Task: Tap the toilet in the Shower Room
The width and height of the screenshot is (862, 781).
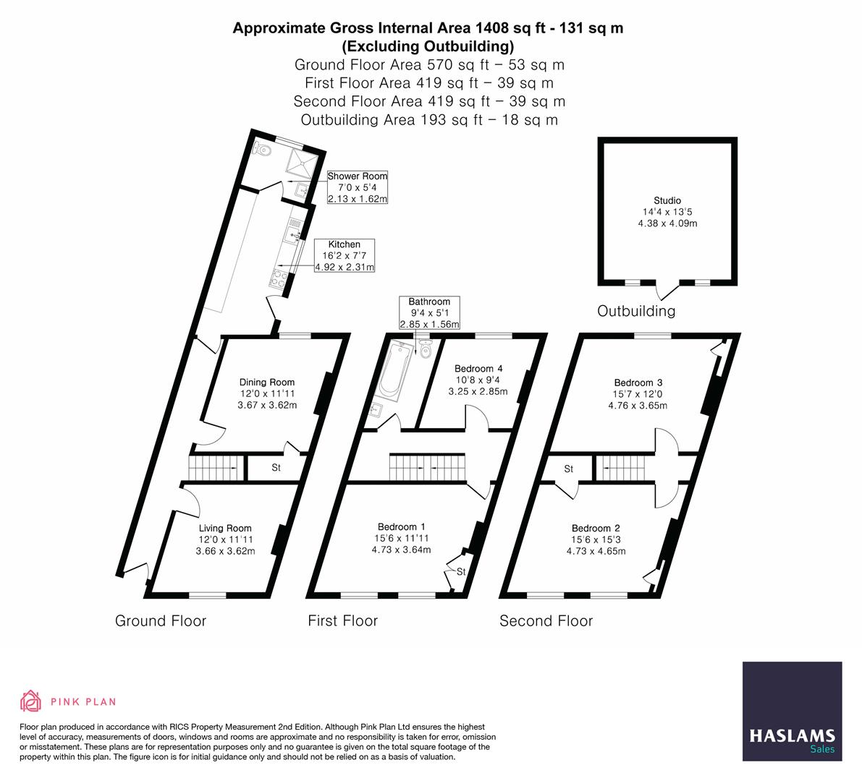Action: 263,150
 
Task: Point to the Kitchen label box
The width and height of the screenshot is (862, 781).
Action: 345,256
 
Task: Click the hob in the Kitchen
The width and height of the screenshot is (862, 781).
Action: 279,275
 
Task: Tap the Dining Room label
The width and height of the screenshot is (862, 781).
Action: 267,383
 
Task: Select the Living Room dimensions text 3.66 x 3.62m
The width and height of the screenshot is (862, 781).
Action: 225,551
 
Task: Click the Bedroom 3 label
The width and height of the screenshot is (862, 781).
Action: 638,383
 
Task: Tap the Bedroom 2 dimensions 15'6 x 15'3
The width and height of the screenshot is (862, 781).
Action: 596,539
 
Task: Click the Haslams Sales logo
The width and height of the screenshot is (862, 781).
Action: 793,712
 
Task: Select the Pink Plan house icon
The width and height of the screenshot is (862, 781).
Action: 30,701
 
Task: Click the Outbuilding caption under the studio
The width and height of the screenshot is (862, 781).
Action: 635,311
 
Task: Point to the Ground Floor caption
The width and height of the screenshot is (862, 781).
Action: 161,621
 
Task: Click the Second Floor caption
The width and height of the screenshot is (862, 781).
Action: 546,621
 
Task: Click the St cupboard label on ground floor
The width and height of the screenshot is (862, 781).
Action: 276,469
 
